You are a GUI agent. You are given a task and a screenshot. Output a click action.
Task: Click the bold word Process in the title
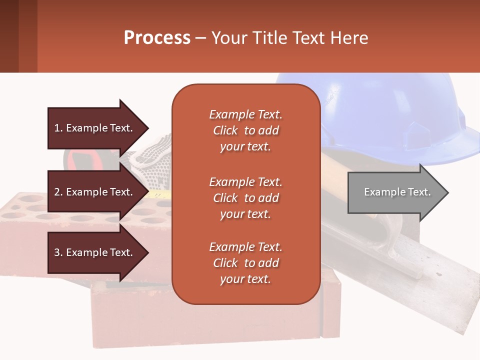pyautogui.click(x=157, y=38)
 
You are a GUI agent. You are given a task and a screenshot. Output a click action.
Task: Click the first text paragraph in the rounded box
pyautogui.click(x=245, y=130)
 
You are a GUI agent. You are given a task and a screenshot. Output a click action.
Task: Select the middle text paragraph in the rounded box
pyautogui.click(x=245, y=198)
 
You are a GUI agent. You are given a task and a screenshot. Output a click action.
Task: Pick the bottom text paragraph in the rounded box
pyautogui.click(x=245, y=263)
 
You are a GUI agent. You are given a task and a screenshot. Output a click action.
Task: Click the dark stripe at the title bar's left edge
pyautogui.click(x=9, y=36)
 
